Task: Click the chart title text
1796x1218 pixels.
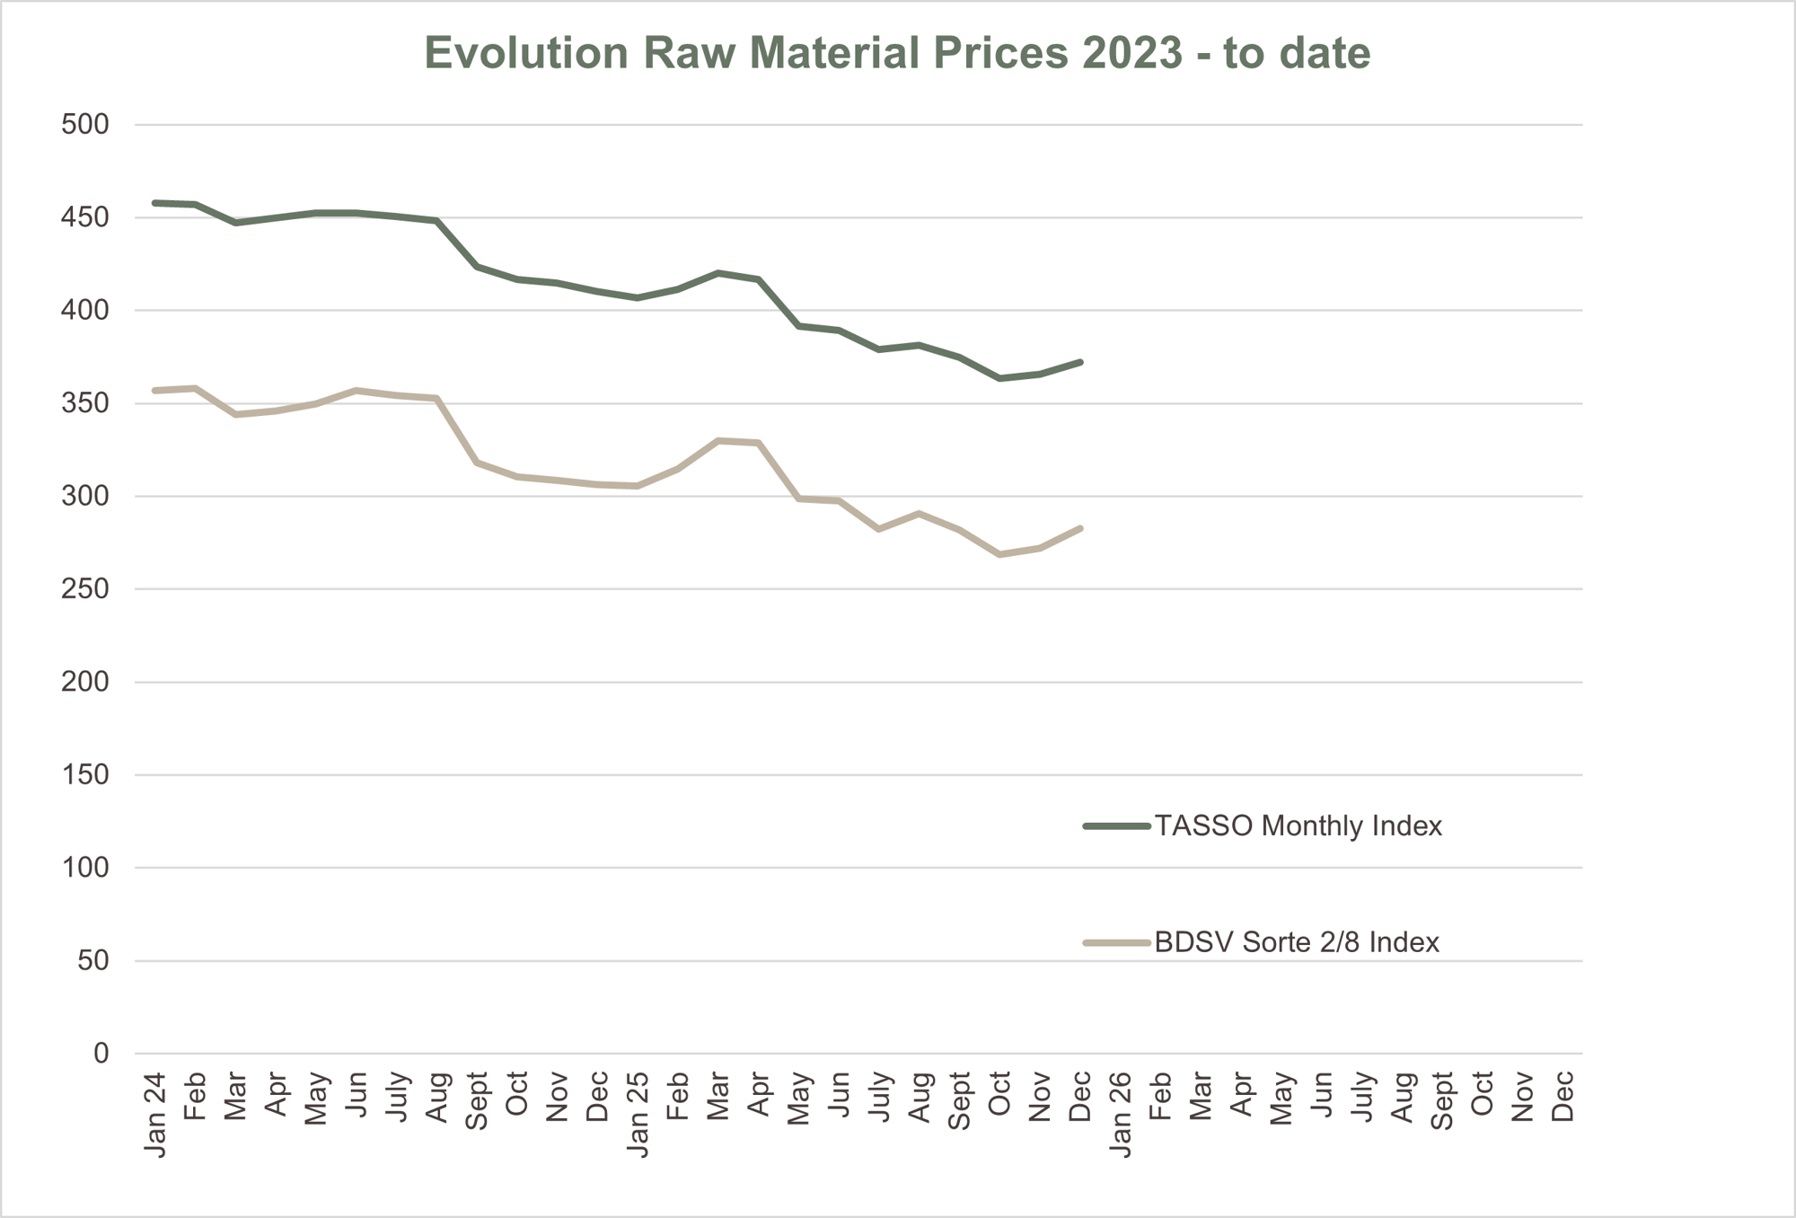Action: point(897,53)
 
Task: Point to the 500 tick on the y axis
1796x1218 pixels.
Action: point(84,125)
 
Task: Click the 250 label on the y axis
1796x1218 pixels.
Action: point(84,589)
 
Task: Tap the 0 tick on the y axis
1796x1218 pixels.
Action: point(101,1054)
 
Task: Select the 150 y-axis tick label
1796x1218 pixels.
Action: point(84,775)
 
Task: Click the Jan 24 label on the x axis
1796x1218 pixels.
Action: point(155,1114)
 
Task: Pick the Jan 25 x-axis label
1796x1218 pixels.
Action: point(638,1114)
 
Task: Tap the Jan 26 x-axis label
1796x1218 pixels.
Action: point(1121,1114)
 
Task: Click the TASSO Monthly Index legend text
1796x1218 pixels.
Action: point(1298,825)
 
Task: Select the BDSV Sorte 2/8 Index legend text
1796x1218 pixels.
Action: point(1297,942)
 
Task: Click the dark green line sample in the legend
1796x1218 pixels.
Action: point(1116,825)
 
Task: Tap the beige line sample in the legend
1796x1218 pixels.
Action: point(1116,942)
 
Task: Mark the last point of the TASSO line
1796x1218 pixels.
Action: point(1080,362)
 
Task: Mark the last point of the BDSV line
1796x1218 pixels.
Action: point(1080,528)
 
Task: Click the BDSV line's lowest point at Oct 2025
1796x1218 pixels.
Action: point(999,555)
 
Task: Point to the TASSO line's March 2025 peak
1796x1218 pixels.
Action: point(718,272)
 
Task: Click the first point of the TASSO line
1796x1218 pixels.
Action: point(155,203)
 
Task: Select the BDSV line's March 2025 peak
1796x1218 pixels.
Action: point(718,440)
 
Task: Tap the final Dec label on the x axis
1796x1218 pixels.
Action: point(1563,1096)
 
